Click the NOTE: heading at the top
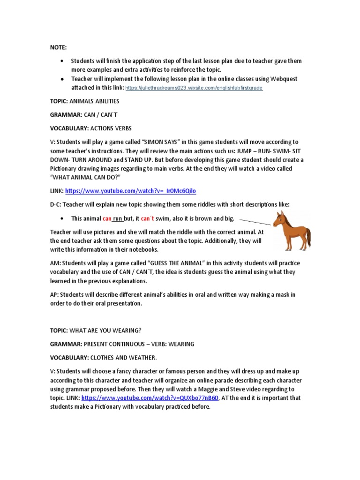(x=59, y=48)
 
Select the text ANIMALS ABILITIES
(x=95, y=101)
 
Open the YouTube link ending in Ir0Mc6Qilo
(x=130, y=191)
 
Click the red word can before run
(x=107, y=218)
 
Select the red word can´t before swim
(x=148, y=218)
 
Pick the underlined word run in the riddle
(x=117, y=218)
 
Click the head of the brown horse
(x=281, y=218)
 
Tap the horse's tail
(x=307, y=239)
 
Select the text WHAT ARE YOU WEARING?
(x=101, y=330)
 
